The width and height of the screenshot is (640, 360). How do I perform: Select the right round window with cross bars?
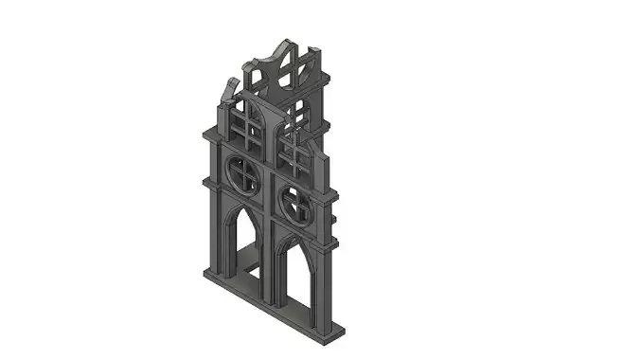(295, 201)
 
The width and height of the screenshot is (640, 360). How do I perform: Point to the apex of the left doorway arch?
(239, 207)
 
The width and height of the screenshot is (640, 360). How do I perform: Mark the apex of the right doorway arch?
(290, 235)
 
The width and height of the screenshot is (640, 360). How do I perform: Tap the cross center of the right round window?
(295, 201)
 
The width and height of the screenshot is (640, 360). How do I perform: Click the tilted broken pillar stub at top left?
(228, 92)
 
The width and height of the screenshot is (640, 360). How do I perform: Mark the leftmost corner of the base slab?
(204, 273)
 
